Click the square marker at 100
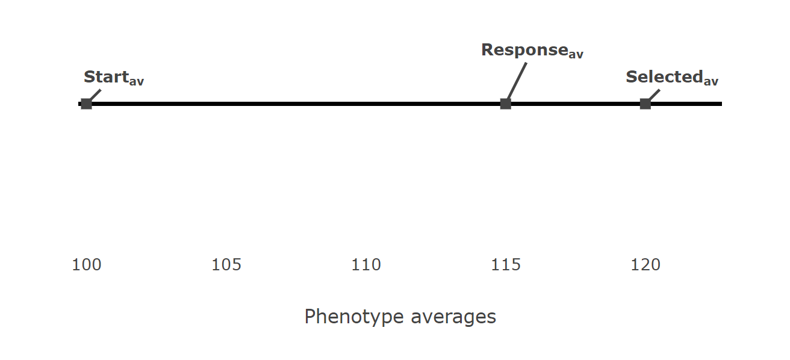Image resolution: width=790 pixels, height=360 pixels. (86, 104)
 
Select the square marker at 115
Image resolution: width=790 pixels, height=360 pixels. (506, 104)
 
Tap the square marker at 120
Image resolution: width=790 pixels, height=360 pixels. (645, 104)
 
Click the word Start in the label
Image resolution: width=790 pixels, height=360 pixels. (106, 77)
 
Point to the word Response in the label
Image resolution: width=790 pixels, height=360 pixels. (524, 50)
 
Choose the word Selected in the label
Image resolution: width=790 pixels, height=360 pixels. (664, 77)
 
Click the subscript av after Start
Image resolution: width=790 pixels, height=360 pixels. (137, 81)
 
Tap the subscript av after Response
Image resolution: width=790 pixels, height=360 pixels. (576, 54)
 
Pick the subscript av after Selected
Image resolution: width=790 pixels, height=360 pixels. (711, 81)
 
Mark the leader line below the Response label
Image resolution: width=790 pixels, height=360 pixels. (517, 81)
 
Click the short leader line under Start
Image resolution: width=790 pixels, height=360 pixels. (95, 95)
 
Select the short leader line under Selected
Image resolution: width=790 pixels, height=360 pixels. (654, 95)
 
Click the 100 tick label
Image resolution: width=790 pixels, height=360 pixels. (87, 265)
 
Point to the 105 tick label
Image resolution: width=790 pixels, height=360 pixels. (226, 265)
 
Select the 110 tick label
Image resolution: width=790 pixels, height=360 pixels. (366, 265)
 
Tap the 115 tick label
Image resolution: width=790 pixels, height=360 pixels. (506, 265)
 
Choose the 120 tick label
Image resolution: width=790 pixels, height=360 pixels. (645, 265)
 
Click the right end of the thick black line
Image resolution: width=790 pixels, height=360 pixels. (720, 104)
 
